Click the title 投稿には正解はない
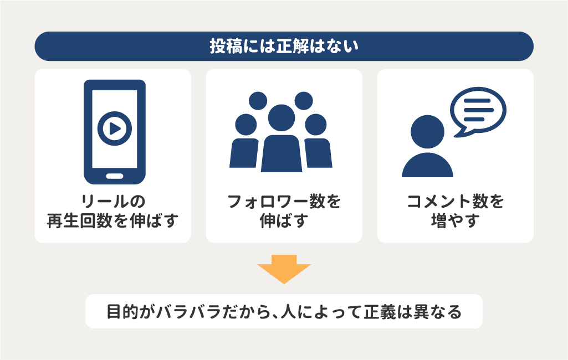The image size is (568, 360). click(x=284, y=47)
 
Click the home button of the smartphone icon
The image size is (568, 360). click(x=115, y=176)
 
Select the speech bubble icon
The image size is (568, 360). click(x=478, y=110)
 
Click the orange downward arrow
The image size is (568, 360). click(x=284, y=269)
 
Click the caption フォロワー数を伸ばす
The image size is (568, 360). click(x=284, y=211)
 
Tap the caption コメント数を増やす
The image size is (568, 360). click(x=455, y=211)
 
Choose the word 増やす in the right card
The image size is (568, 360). click(x=455, y=221)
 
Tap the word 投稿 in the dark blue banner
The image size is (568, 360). click(x=221, y=47)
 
